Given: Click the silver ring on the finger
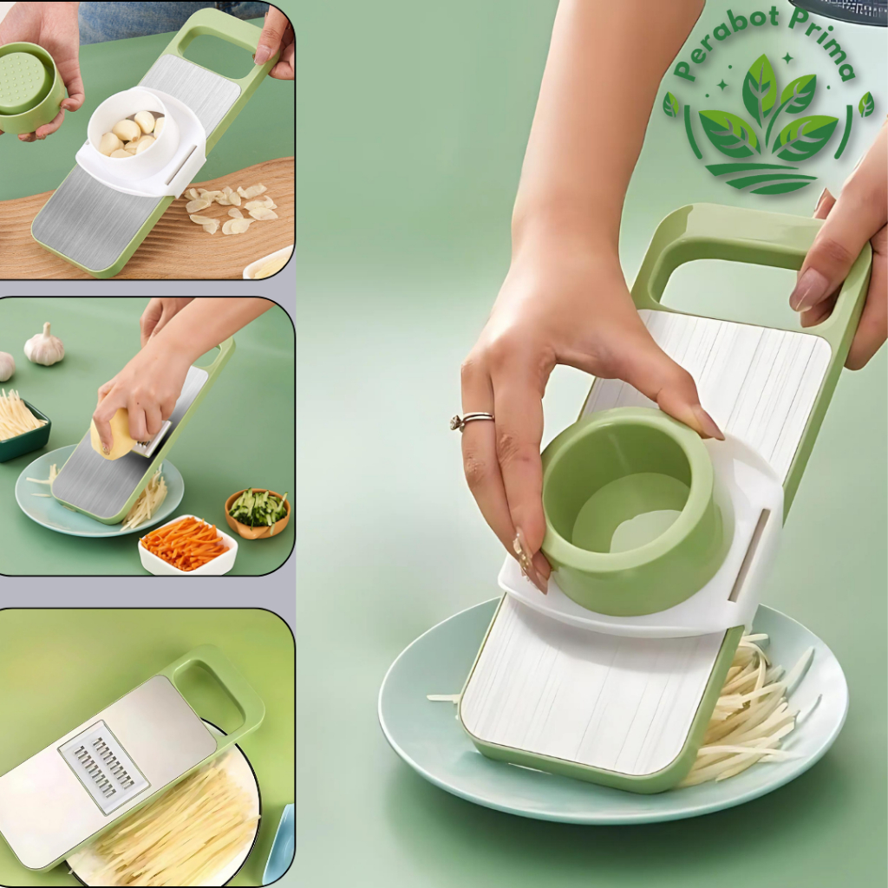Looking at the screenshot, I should coord(471,421).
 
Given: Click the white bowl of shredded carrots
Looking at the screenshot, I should coord(186,546).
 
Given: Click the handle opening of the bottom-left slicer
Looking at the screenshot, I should coord(208,694).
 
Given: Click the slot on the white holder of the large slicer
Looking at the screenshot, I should coord(747,555).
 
